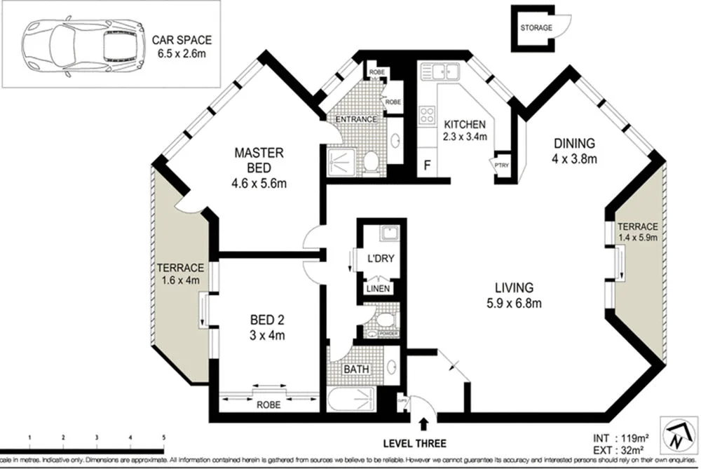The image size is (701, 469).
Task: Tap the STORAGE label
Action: click(x=536, y=28)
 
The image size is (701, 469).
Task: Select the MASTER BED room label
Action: click(x=259, y=160)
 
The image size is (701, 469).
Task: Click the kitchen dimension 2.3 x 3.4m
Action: click(x=465, y=137)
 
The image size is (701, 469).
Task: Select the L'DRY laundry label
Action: click(x=381, y=259)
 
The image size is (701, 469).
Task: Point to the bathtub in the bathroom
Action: click(x=353, y=402)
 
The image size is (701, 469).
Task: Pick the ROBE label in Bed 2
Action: click(x=268, y=405)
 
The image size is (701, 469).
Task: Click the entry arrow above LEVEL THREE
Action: click(x=423, y=423)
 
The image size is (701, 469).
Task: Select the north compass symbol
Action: click(x=676, y=439)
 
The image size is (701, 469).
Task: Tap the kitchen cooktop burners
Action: click(x=427, y=115)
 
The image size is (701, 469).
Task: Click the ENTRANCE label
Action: click(x=356, y=119)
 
